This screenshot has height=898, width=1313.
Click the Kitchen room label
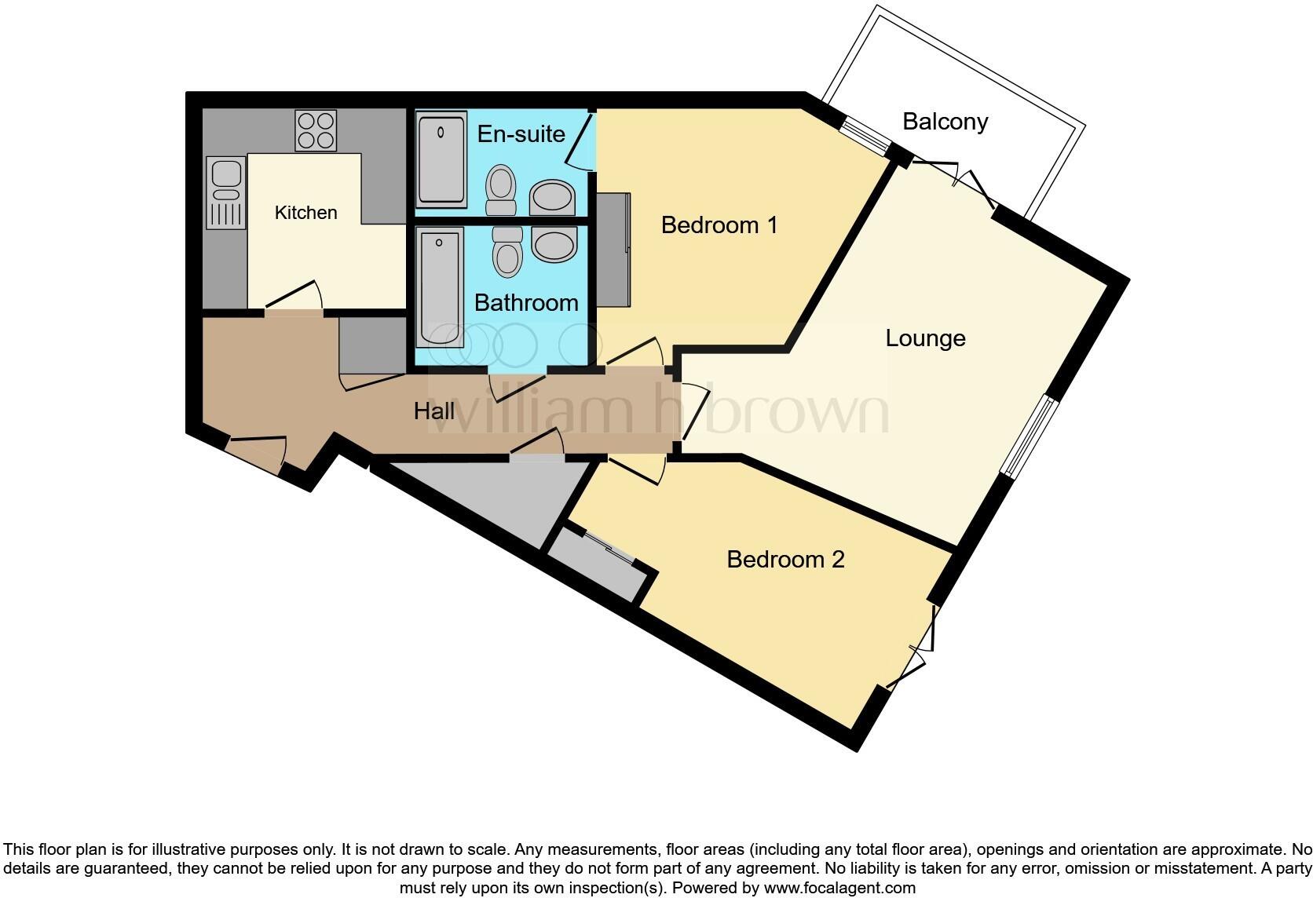tap(305, 213)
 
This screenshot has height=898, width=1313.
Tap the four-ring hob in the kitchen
tap(316, 130)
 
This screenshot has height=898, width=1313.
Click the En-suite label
tap(521, 133)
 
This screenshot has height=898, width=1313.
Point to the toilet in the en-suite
tap(500, 189)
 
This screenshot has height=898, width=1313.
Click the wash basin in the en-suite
tap(552, 197)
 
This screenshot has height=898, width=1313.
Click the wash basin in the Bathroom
tap(554, 244)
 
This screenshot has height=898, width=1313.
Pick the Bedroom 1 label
tap(719, 225)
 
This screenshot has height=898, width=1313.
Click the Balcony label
tap(945, 122)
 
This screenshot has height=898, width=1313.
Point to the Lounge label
tap(925, 338)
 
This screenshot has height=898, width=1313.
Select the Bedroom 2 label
tap(785, 560)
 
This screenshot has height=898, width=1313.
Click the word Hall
tap(434, 411)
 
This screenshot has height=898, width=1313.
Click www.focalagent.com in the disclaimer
tap(840, 888)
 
